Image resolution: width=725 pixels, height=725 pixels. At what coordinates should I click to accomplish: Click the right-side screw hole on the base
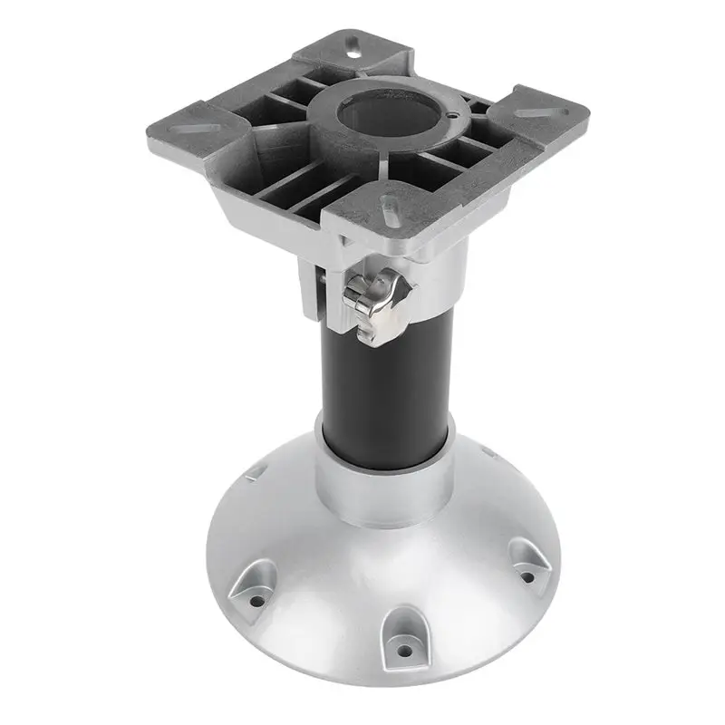526,573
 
